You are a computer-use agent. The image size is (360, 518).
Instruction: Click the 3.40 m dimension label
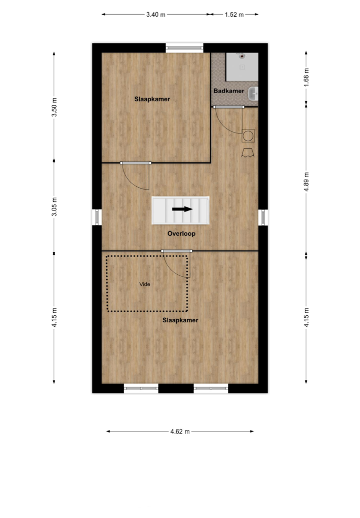click(x=156, y=15)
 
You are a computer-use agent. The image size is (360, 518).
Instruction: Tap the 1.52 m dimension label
click(x=234, y=15)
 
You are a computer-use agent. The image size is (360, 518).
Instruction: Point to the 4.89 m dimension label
click(x=306, y=182)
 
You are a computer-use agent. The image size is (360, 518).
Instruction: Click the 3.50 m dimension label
click(x=55, y=107)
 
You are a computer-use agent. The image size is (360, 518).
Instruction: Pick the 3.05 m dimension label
click(x=55, y=207)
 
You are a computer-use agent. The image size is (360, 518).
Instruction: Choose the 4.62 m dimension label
click(x=180, y=431)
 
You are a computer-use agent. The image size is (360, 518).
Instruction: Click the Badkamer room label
click(x=229, y=91)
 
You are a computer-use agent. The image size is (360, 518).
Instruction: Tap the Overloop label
click(x=181, y=234)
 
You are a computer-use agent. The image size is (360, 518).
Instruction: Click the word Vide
click(x=145, y=284)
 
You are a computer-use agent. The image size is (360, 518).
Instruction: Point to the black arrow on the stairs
click(x=182, y=209)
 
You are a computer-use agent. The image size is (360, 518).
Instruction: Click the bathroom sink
click(x=253, y=94)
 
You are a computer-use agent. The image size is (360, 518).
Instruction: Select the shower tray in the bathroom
click(x=242, y=67)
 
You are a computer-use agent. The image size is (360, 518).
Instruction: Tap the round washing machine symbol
click(x=248, y=136)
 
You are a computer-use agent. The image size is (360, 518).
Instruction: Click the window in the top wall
click(x=184, y=48)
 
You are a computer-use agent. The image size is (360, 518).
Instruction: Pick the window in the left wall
click(x=97, y=217)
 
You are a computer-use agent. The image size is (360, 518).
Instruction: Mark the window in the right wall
click(x=263, y=217)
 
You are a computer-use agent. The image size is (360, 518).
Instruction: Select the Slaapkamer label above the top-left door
click(x=152, y=99)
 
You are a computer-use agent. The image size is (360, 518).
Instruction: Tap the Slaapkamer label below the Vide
click(x=180, y=320)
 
